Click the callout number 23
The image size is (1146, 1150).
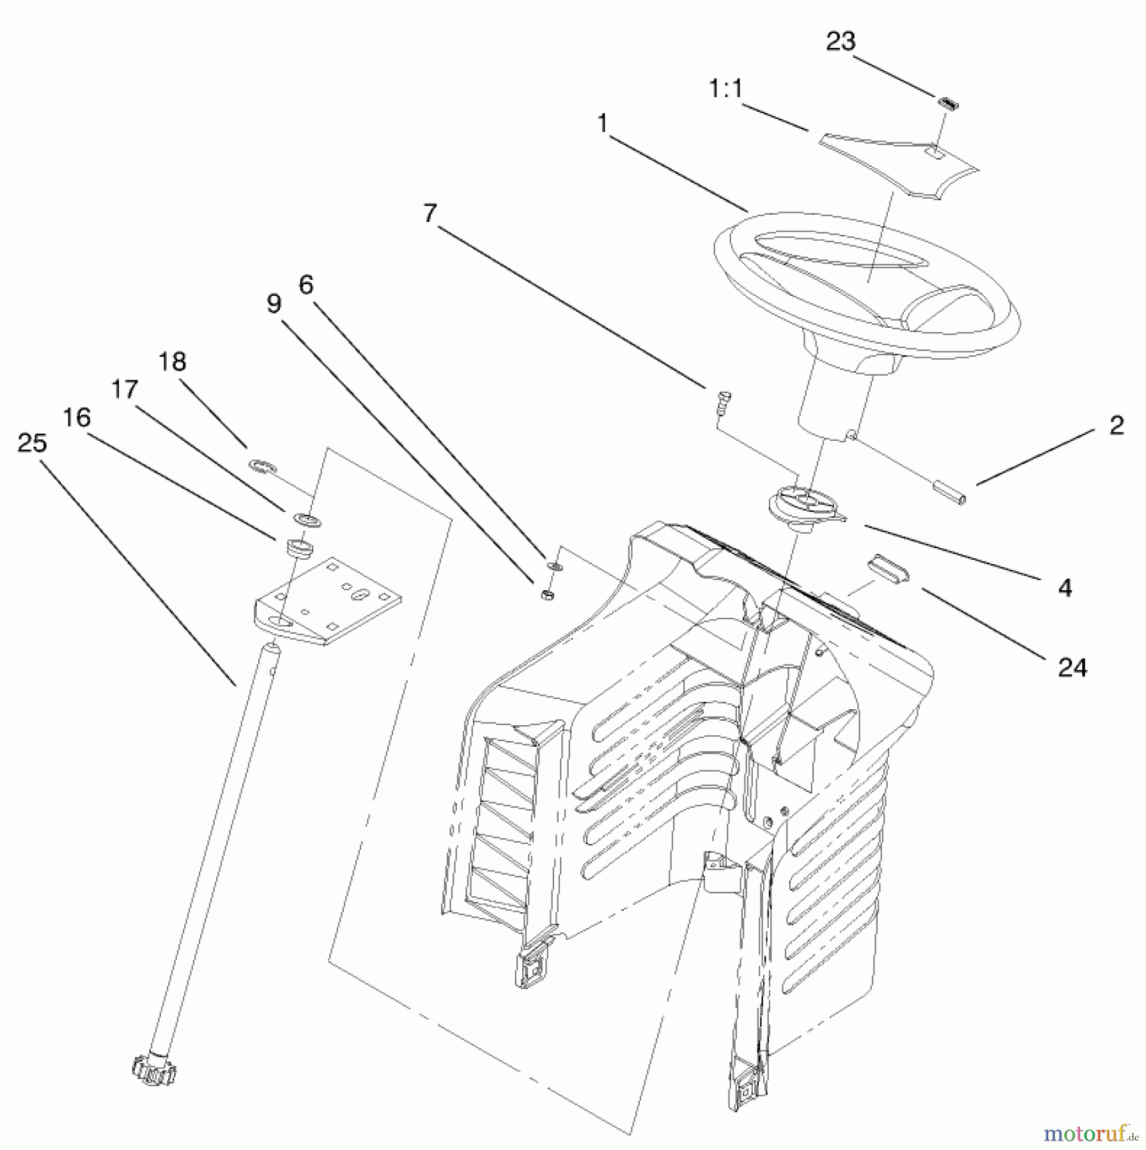840,42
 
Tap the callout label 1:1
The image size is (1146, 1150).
726,89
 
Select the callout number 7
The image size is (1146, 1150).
430,213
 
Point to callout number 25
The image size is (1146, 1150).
32,442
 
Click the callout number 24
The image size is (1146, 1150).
1072,668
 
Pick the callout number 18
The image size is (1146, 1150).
172,362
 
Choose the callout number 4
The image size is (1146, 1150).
1065,587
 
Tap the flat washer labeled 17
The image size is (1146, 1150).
307,519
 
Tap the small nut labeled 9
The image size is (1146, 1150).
547,595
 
